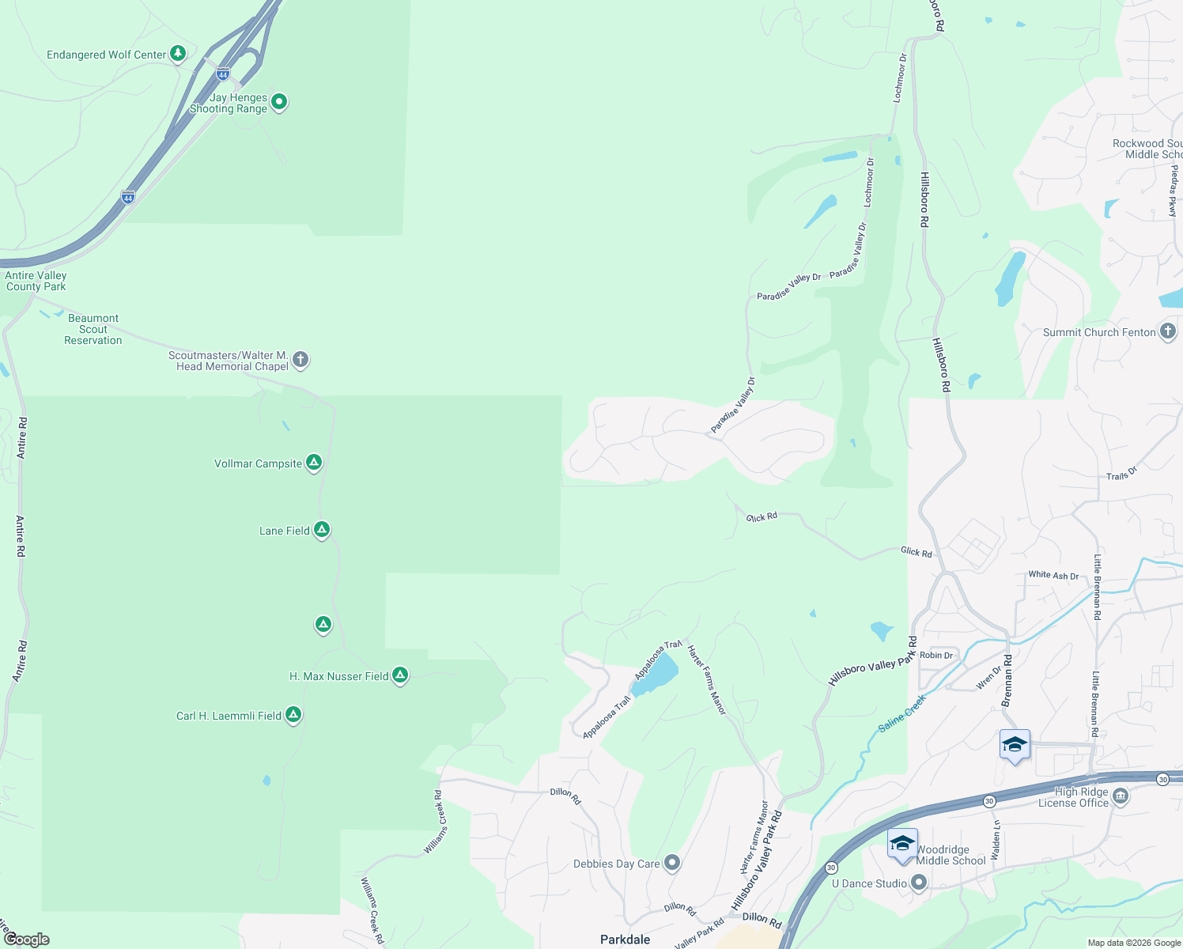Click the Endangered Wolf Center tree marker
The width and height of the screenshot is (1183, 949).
click(179, 54)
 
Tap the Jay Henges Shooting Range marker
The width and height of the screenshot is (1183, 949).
click(278, 102)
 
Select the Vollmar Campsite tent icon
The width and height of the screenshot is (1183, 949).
click(314, 463)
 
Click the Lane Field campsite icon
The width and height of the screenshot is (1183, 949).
click(321, 530)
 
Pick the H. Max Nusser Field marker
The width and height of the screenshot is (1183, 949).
click(400, 675)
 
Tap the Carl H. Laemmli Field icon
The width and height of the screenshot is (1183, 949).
click(293, 715)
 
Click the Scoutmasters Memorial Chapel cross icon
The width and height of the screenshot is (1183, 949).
click(300, 360)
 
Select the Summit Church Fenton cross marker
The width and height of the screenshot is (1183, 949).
click(1168, 331)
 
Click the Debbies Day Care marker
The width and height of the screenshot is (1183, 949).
click(671, 863)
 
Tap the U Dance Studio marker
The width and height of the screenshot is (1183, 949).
click(918, 883)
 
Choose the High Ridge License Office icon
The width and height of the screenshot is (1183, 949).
click(1120, 796)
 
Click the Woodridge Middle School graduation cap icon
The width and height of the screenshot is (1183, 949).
click(902, 845)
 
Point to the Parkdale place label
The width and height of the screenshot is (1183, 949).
click(625, 940)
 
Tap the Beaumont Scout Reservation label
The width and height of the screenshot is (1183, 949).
click(93, 329)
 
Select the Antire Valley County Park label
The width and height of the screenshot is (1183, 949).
click(36, 281)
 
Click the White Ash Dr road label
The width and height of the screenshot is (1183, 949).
click(1053, 575)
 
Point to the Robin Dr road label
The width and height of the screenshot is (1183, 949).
click(936, 655)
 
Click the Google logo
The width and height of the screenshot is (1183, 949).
click(26, 939)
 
